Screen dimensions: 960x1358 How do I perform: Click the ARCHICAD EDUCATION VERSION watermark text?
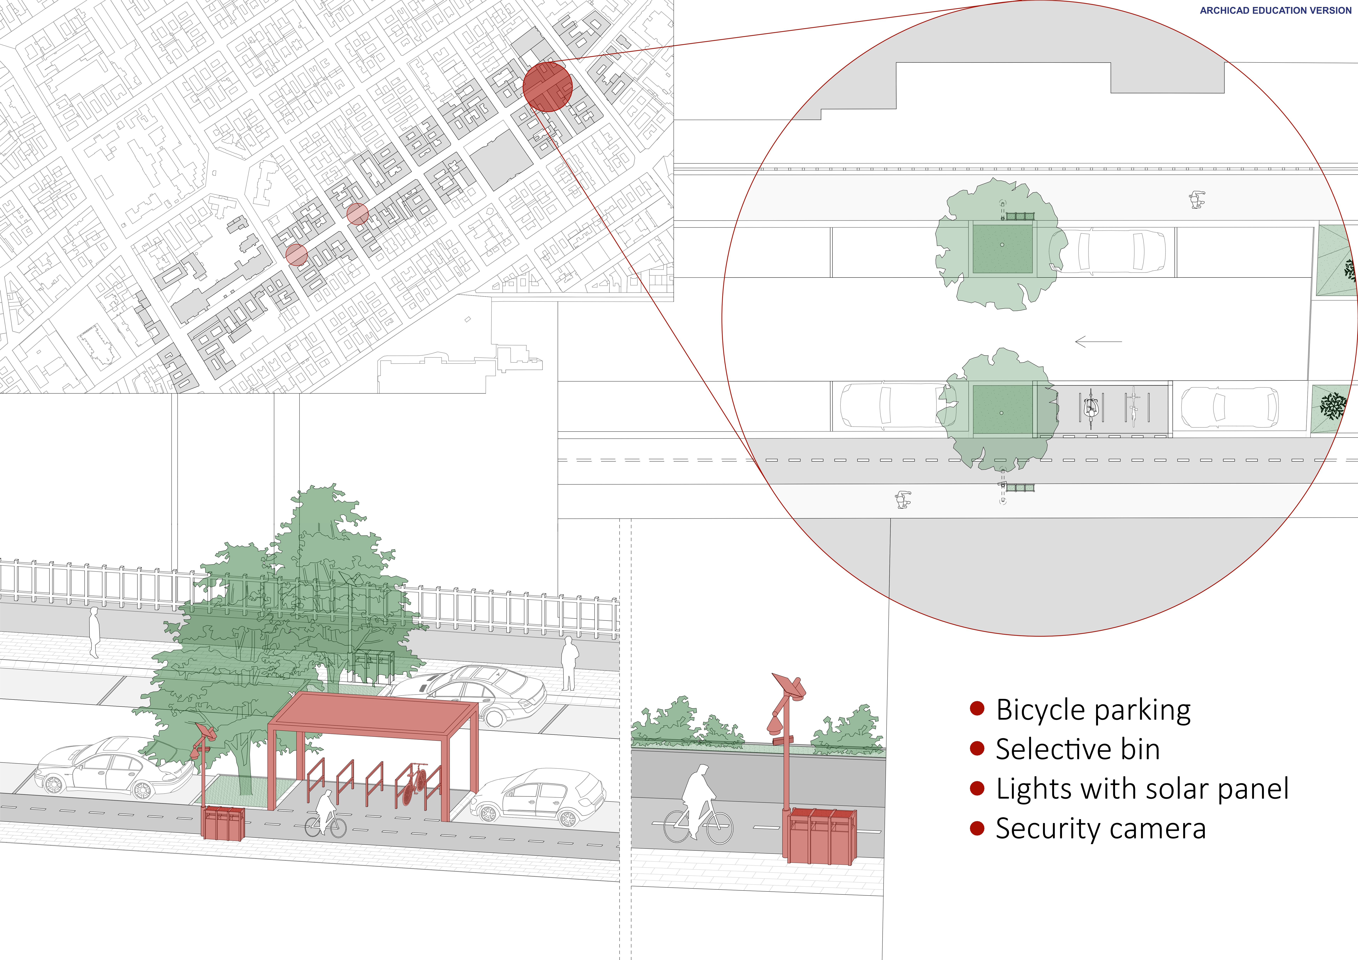(1275, 11)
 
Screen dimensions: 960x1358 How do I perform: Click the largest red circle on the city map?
(548, 87)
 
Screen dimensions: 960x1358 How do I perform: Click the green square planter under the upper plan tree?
(1002, 248)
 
